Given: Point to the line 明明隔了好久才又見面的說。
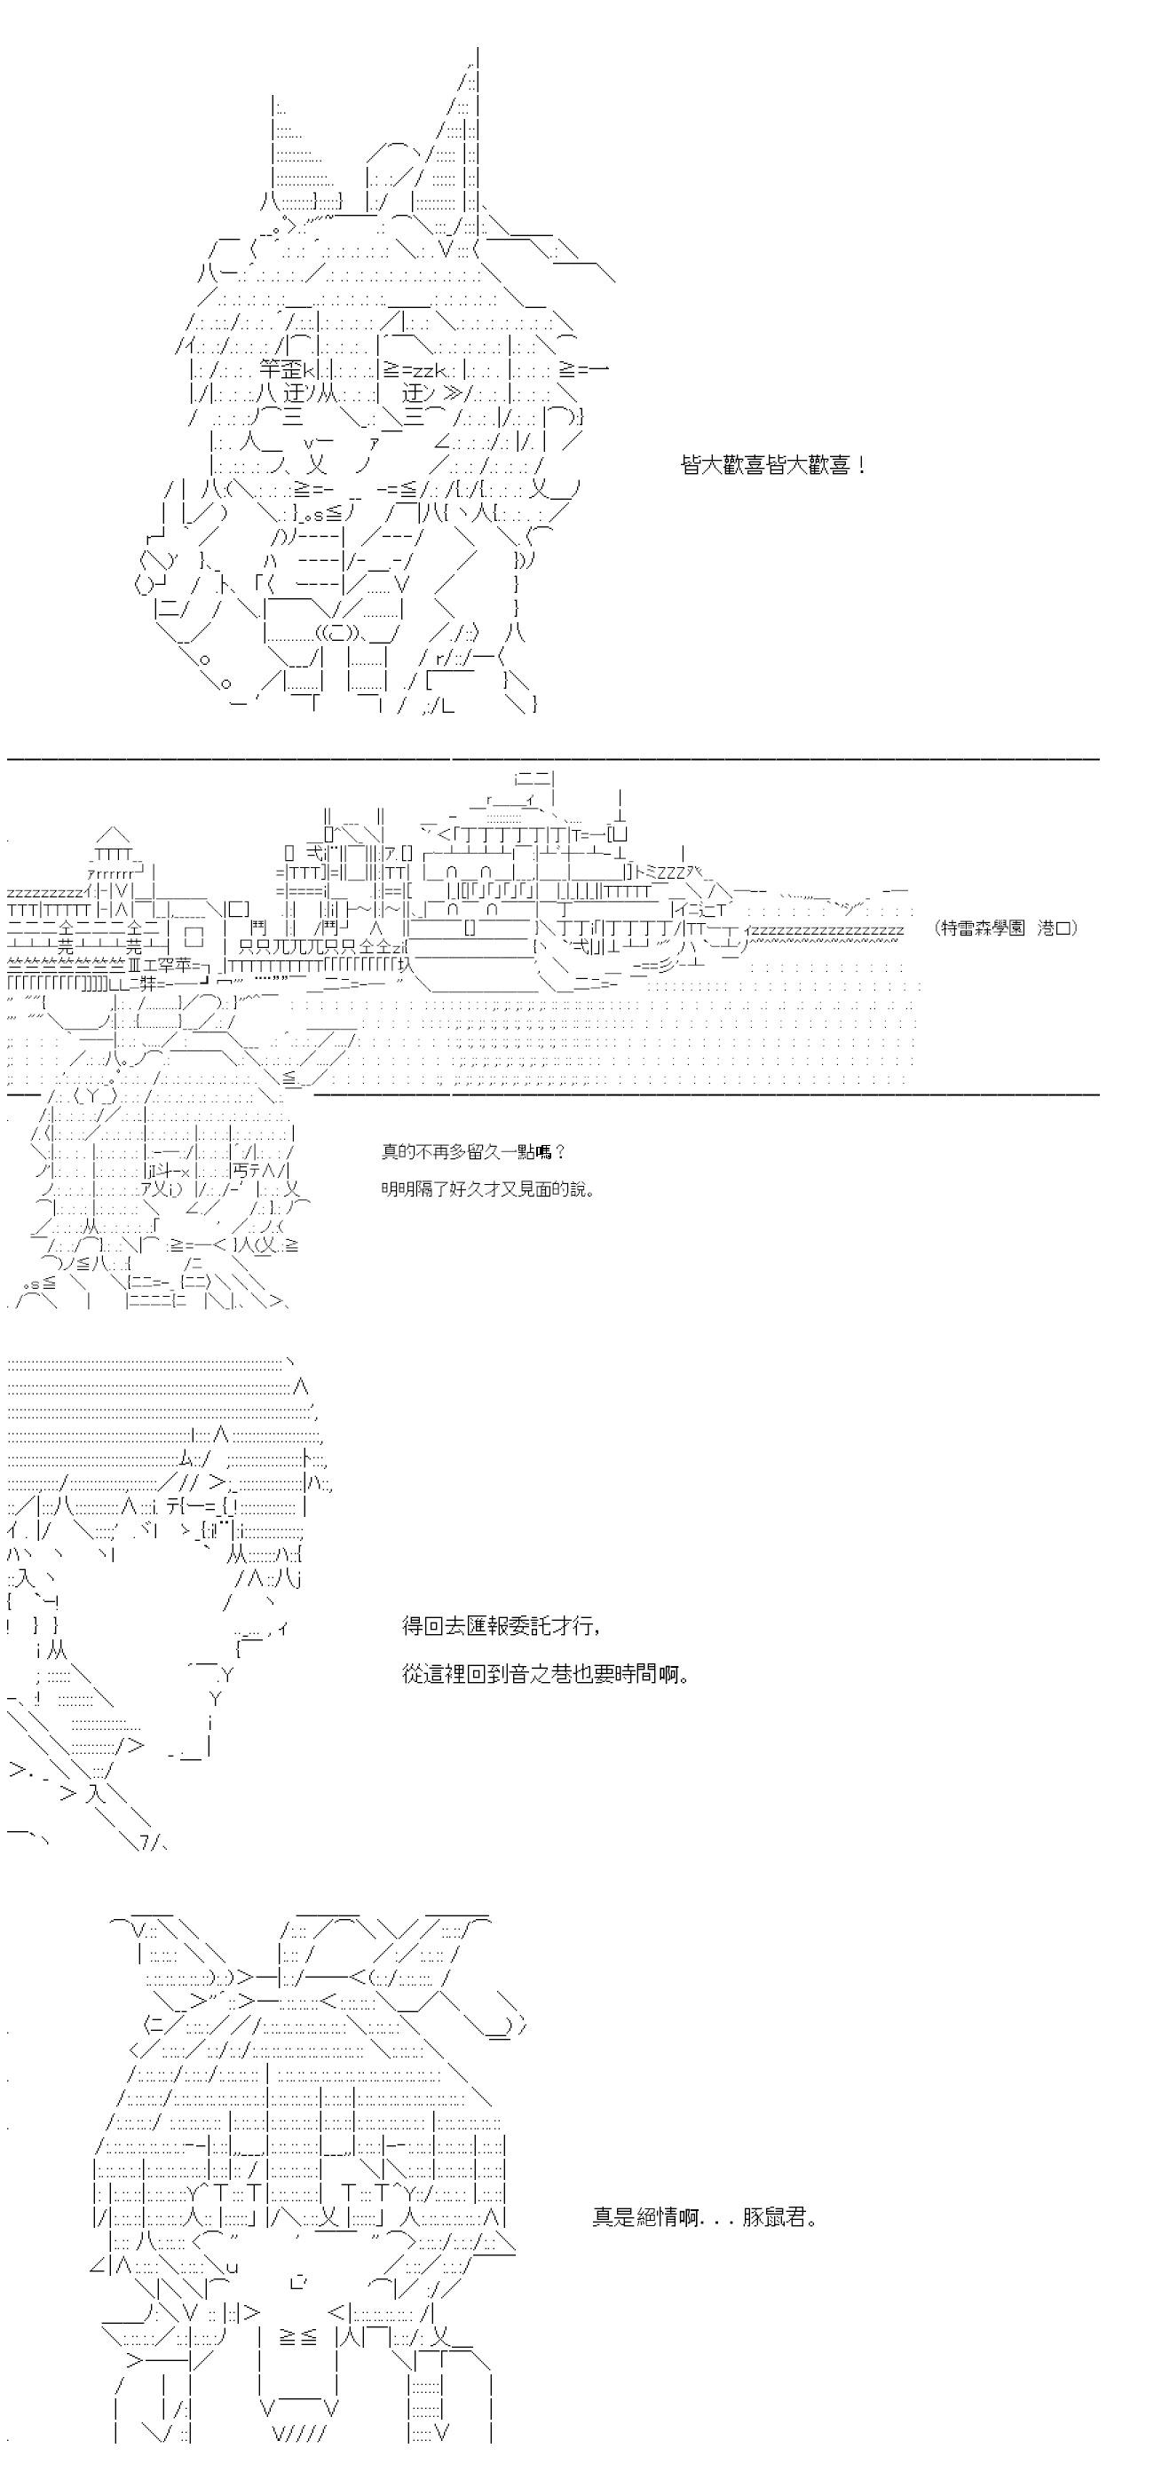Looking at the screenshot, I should tap(487, 1189).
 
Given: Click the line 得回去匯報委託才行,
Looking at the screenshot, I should tap(502, 1625).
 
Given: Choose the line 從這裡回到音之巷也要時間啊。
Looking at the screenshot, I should tap(545, 1675).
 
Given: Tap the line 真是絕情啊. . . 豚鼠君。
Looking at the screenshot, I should tap(706, 2216).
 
